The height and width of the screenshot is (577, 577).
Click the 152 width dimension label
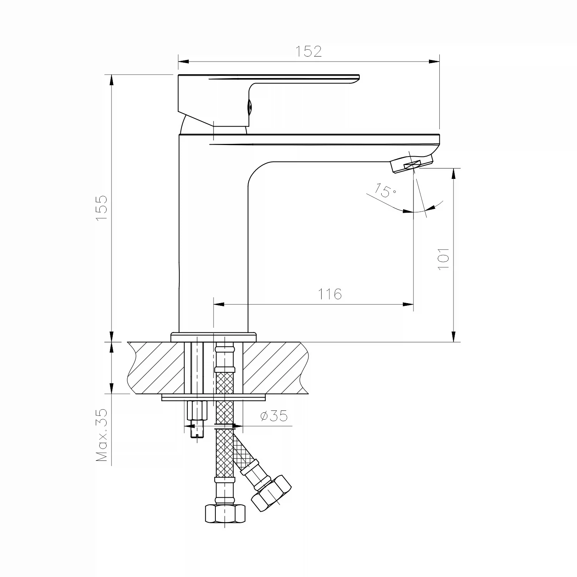[309, 51]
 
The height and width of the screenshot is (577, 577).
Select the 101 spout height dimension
[444, 258]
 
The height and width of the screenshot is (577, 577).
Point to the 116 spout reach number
[330, 294]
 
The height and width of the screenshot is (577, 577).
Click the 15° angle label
[386, 190]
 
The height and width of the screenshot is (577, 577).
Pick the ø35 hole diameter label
[274, 416]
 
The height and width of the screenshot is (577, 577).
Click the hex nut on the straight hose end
[225, 513]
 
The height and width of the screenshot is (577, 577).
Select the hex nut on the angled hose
[271, 493]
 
